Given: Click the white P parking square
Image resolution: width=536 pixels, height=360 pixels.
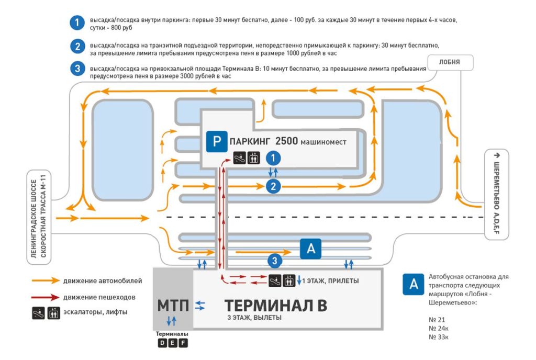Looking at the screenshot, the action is point(216,141).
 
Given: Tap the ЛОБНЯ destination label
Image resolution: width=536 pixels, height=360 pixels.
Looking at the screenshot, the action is point(450,62).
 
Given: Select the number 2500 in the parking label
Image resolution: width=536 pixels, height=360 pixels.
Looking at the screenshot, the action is point(286,141).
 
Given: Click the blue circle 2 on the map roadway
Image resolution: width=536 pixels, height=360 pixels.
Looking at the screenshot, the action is point(273,186).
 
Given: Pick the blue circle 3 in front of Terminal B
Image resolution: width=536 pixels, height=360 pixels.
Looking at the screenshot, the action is point(274,261).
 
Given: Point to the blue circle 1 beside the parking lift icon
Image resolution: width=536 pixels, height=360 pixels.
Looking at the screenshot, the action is point(273,158).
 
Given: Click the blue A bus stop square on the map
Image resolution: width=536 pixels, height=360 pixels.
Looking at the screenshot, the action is point(310,249).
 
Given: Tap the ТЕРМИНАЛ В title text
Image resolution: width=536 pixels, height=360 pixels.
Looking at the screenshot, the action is point(275,306).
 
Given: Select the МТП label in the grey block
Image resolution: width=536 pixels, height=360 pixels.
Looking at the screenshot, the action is point(173,306).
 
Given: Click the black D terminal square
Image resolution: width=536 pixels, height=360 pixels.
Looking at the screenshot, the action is point(162,343).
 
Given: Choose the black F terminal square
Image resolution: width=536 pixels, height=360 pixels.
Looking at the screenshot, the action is point(183,343).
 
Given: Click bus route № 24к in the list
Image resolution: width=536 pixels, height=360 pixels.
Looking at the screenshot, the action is point(439,328).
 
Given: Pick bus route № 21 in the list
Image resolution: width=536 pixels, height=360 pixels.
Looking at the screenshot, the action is point(437,320).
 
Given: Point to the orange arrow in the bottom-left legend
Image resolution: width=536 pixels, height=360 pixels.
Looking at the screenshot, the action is point(46,281).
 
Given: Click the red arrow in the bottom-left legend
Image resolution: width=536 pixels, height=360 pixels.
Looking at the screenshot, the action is point(46,297).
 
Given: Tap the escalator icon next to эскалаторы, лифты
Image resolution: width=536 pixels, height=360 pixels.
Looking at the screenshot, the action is point(39,313).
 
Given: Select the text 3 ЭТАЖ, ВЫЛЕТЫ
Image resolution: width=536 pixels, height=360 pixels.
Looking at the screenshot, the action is point(254,318).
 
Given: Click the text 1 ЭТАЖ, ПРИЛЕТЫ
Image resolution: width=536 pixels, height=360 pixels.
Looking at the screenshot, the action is point(330,281).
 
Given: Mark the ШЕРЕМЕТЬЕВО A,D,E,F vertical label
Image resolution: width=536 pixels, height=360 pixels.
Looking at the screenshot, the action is point(497,194).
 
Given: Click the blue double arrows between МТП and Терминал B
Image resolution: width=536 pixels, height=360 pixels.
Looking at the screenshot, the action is point(200,306).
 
